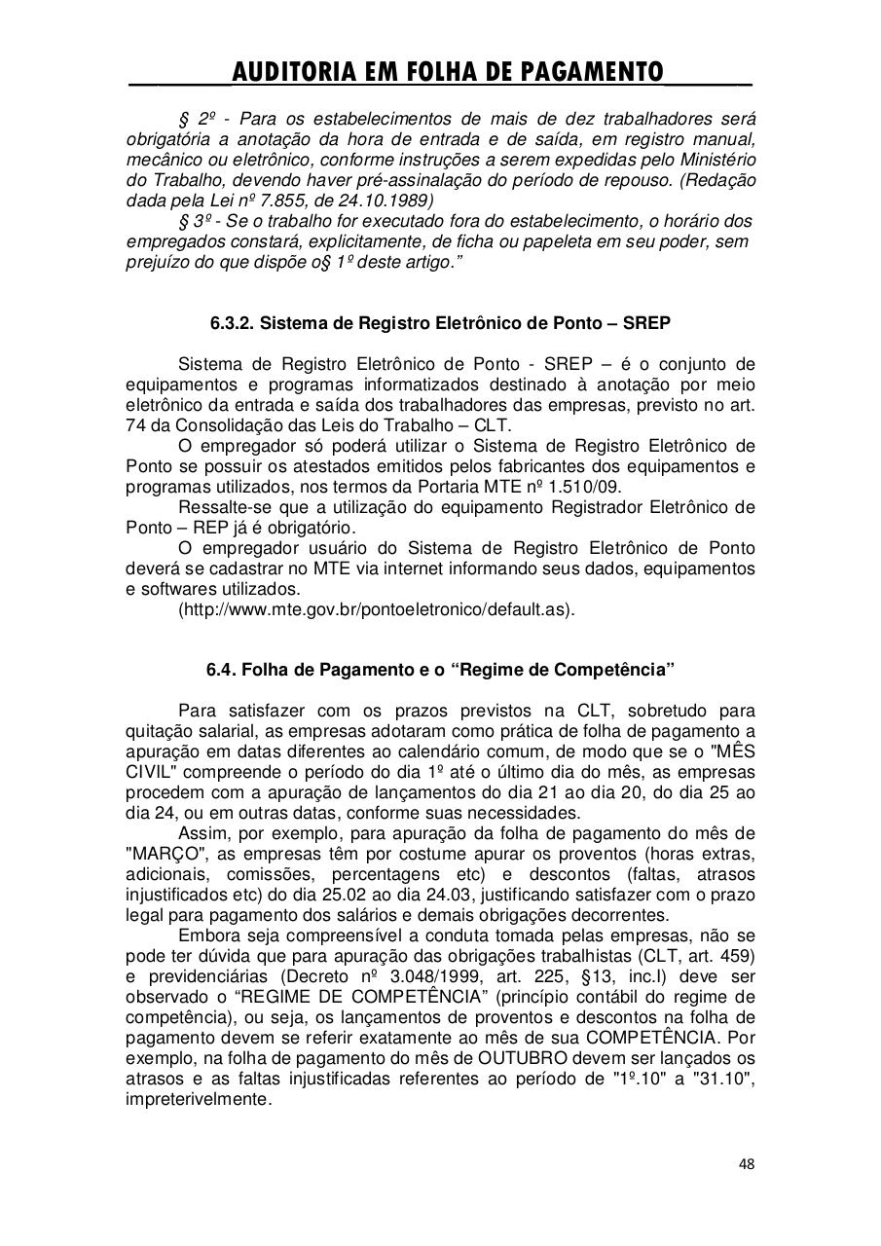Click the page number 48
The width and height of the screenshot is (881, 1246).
click(746, 1163)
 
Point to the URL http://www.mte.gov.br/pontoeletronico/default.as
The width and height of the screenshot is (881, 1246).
click(376, 610)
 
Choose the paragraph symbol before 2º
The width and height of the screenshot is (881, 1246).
click(185, 119)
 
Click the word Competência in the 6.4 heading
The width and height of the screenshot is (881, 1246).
click(615, 671)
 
